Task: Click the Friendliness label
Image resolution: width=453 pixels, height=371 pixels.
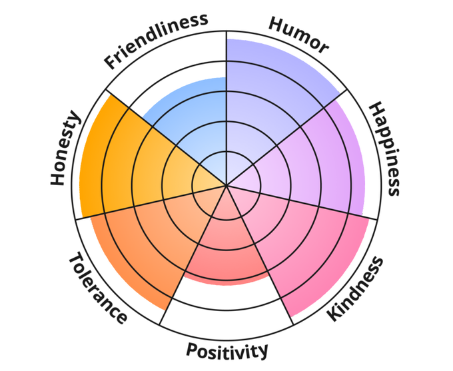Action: (x=156, y=41)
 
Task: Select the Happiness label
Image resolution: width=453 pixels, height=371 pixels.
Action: (x=385, y=149)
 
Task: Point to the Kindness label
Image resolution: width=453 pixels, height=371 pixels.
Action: (x=357, y=288)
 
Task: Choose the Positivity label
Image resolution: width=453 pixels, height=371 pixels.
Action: (x=226, y=350)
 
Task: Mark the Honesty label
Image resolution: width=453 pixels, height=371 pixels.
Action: (x=66, y=149)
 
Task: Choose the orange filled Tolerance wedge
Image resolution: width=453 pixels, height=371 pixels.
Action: (x=147, y=240)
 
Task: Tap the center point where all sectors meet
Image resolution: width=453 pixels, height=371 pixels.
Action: (x=226, y=185)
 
